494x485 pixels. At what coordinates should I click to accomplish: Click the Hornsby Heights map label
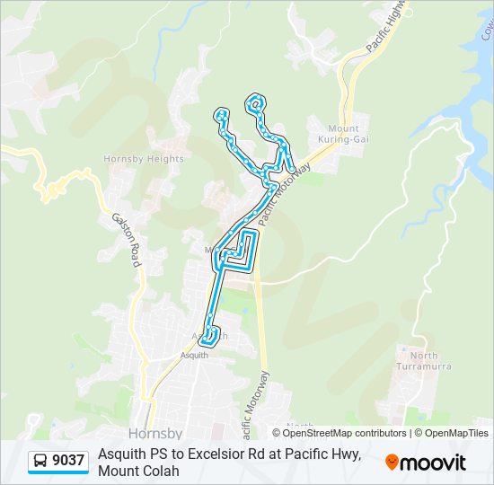[144, 159]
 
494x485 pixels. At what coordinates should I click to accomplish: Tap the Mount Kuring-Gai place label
[343, 134]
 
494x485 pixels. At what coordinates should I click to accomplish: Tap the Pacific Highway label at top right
[387, 27]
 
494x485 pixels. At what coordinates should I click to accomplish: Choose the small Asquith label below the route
[195, 355]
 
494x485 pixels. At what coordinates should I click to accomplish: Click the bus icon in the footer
[40, 462]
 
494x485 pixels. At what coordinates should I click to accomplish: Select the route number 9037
[68, 462]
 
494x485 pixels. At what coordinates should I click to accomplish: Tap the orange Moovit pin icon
[393, 463]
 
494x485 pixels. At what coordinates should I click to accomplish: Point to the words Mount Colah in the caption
[139, 471]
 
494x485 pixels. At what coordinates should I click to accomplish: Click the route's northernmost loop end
[257, 101]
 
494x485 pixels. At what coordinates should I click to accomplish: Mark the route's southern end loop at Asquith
[209, 338]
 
